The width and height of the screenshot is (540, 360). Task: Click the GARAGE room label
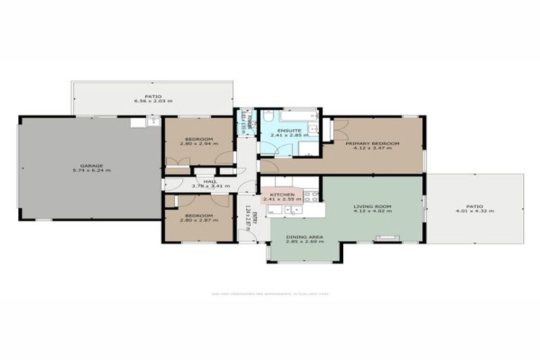point(91,166)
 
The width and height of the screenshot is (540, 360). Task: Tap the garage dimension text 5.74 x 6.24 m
point(91,171)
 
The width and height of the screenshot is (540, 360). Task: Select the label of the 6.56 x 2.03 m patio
point(153,96)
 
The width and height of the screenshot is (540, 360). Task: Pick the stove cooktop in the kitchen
point(311,196)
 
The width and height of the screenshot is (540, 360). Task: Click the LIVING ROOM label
point(372,207)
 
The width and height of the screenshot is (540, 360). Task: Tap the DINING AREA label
point(304,237)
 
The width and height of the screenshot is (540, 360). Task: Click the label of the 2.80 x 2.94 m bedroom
point(198,139)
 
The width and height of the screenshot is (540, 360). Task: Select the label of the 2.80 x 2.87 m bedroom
point(198,216)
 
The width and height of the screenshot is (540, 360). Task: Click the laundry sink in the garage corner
point(153,122)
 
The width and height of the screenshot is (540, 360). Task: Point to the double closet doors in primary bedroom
point(341,131)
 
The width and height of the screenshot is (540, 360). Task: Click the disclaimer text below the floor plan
point(270,294)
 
